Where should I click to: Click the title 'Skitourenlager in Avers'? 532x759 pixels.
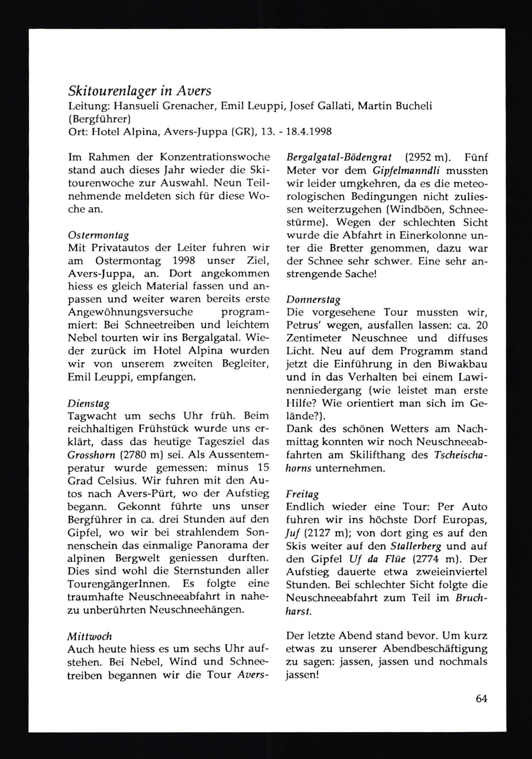[x=139, y=91]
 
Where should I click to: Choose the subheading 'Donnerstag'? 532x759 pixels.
[x=313, y=300]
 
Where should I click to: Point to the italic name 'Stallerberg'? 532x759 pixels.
[x=415, y=546]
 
